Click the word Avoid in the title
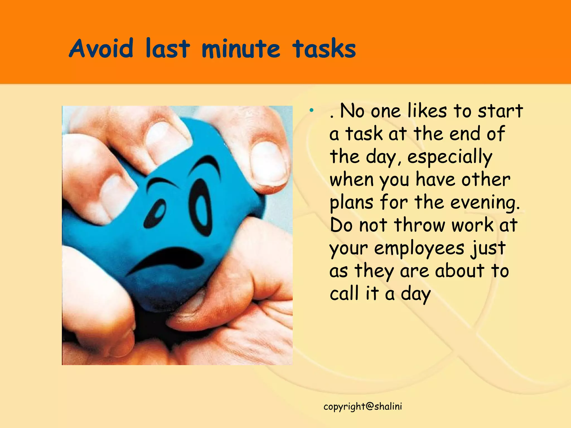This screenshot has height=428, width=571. pyautogui.click(x=101, y=48)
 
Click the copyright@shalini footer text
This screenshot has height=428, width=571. pyautogui.click(x=363, y=407)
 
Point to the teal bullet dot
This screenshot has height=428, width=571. pyautogui.click(x=311, y=111)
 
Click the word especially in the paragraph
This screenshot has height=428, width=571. pyautogui.click(x=450, y=157)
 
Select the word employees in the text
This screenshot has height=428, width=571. pyautogui.click(x=419, y=248)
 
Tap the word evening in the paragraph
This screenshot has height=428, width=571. pyautogui.click(x=485, y=203)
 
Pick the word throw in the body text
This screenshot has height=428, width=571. pyautogui.click(x=420, y=225)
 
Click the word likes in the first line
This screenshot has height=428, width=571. pyautogui.click(x=427, y=111)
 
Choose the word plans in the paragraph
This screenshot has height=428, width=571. pyautogui.click(x=351, y=203)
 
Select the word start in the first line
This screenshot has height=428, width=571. pyautogui.click(x=500, y=111)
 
